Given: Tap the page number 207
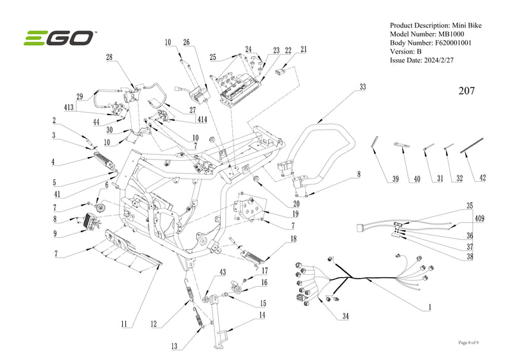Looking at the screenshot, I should point(466,91).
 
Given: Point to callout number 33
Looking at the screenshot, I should point(363,87).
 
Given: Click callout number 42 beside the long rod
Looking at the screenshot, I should point(482,179).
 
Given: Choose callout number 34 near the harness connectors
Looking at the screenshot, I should point(345,316).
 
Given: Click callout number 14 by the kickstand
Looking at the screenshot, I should point(261,315).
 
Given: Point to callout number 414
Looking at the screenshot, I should point(202,119).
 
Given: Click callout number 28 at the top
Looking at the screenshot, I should point(109,57).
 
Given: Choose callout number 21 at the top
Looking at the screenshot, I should point(303,49).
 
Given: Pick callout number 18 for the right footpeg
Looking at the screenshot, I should point(293,239).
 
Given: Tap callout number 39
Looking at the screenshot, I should point(395,179).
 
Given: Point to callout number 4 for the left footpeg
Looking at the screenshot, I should point(54,162).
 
